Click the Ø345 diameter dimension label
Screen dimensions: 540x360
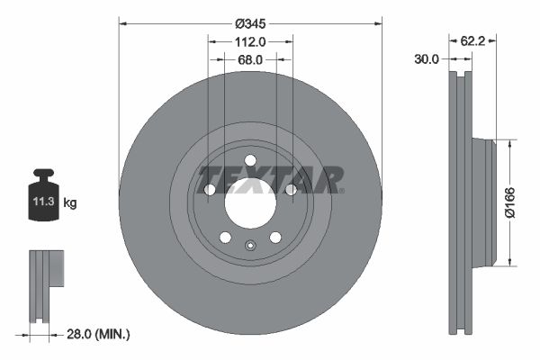point(250,23)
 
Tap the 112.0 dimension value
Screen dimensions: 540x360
point(250,42)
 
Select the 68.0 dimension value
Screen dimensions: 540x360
point(250,60)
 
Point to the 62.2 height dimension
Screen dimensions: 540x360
point(472,41)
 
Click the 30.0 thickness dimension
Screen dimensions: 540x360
point(427,59)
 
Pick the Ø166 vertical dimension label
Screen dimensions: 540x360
point(509,202)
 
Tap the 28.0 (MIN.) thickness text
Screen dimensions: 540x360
point(98,334)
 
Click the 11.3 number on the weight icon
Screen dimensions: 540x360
point(44,202)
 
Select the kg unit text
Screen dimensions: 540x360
point(70,202)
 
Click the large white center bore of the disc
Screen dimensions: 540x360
point(250,203)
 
